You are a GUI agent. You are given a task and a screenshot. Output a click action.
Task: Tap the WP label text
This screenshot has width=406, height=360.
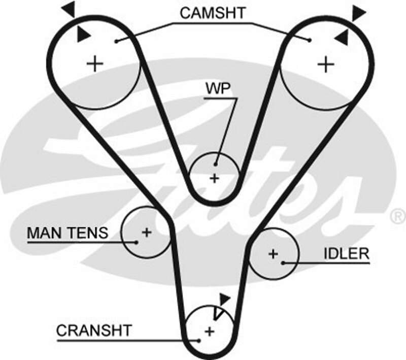point(218,89)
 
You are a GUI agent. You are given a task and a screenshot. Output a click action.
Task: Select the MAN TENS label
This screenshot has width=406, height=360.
point(67,233)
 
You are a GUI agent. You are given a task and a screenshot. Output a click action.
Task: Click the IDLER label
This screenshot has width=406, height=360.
point(347,254)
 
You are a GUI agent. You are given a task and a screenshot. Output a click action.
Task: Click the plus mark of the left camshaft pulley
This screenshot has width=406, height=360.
point(95,64)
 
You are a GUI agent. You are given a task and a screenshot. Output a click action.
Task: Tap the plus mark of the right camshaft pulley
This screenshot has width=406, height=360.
point(326,64)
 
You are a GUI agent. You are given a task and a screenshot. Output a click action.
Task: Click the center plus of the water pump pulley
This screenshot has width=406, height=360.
point(215,178)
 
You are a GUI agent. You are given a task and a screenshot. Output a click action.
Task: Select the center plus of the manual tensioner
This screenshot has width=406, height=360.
point(146,233)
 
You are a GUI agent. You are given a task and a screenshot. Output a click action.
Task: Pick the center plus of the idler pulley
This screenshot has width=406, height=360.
point(274,254)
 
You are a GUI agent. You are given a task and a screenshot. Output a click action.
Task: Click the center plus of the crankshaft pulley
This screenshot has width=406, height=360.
point(209,331)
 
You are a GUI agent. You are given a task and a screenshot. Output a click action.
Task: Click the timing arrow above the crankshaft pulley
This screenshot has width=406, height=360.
point(225,298)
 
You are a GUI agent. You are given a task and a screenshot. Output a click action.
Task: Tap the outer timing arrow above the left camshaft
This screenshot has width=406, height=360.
point(70,9)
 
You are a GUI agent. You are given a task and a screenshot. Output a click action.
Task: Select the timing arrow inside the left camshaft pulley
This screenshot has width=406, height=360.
point(81,35)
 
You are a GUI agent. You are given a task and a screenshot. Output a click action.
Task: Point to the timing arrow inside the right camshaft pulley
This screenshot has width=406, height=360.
point(342,35)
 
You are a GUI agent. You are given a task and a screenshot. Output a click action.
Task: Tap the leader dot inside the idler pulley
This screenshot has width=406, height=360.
point(284,263)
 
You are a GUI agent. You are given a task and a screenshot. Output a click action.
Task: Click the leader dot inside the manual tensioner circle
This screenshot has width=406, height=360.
point(137,242)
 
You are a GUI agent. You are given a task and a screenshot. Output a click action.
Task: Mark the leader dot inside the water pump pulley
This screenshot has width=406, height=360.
point(216,163)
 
